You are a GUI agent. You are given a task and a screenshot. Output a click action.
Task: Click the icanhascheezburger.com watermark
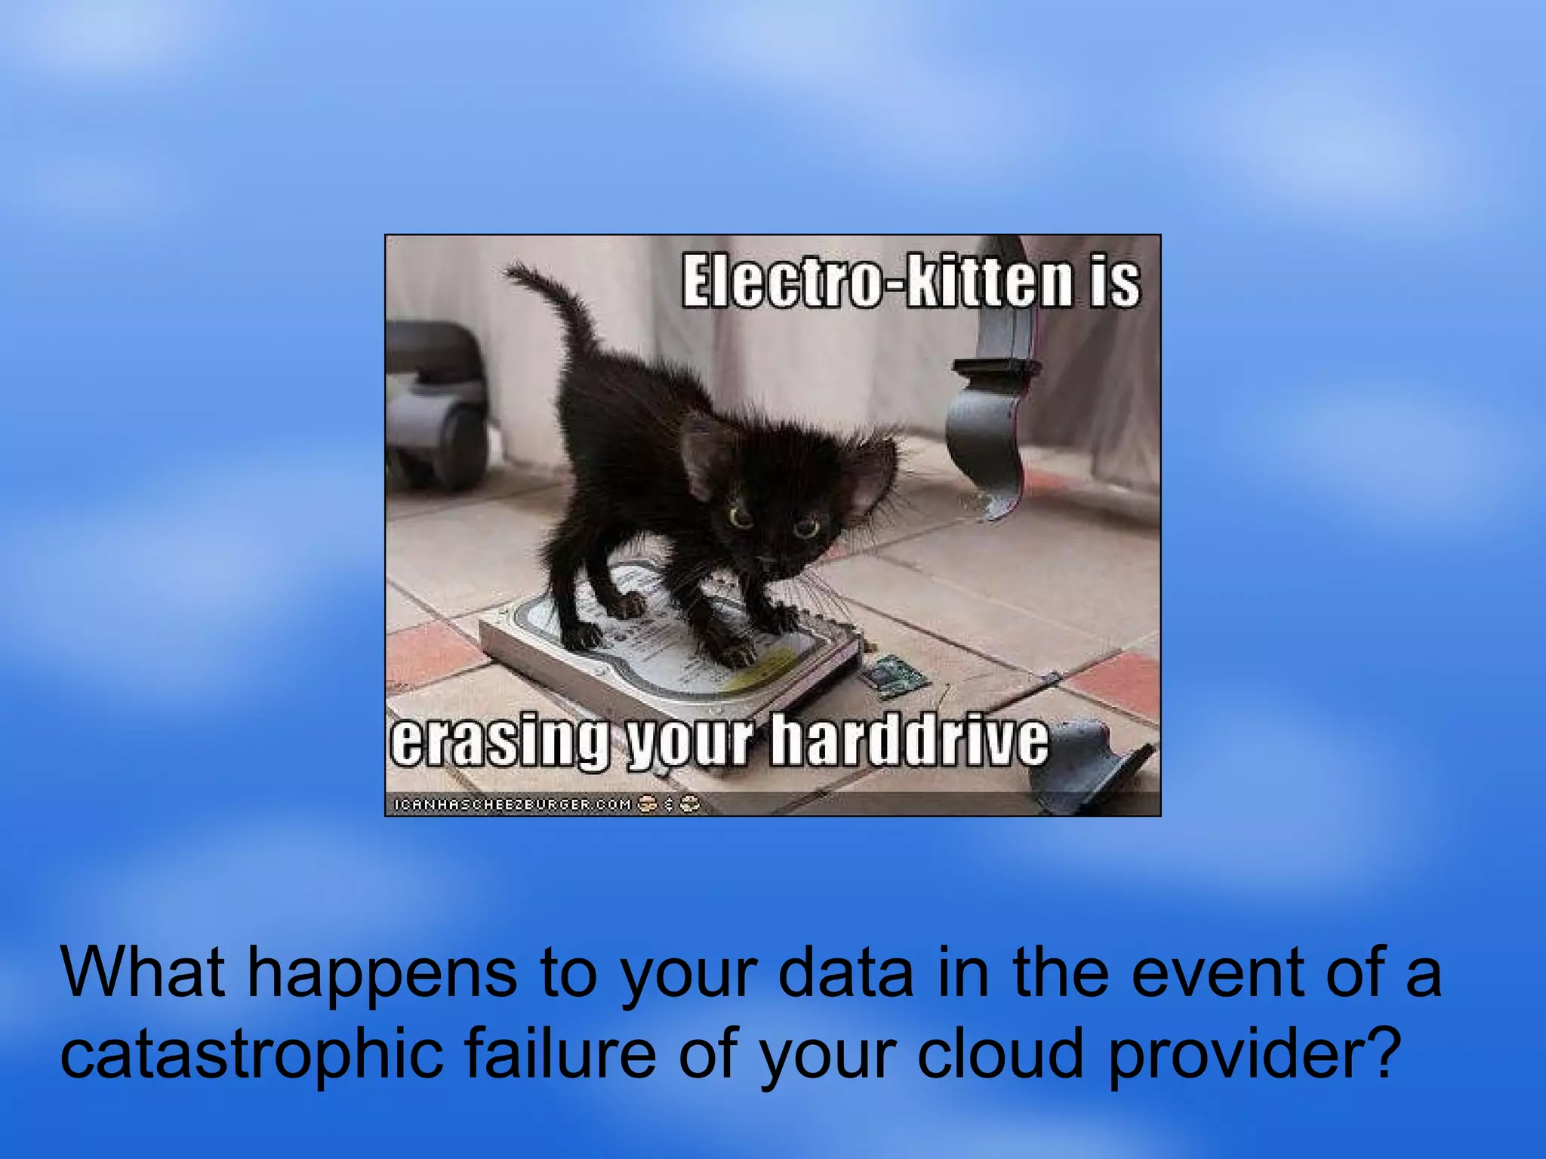pos(513,804)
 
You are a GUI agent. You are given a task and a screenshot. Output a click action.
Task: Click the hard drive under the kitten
pos(664,656)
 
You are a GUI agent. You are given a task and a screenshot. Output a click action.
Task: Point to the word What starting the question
pos(143,972)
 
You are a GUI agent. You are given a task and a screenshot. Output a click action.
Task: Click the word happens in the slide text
pos(382,972)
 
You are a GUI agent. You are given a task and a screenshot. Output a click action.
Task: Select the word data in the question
pos(845,972)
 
